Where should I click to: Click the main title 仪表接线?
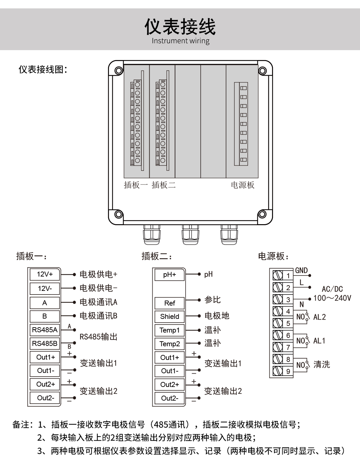coord(180,26)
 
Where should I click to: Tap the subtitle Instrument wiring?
coord(180,41)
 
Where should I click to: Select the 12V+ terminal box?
coord(45,275)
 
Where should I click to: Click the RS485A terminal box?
coord(45,330)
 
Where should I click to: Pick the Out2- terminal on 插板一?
coord(45,398)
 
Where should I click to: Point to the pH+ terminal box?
coord(169,275)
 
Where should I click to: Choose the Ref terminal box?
coord(169,303)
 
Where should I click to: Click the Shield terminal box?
coord(169,317)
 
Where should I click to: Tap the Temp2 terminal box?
coord(169,344)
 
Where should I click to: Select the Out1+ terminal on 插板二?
coord(169,358)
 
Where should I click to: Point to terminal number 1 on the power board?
coord(288,276)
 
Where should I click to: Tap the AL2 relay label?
coord(319,317)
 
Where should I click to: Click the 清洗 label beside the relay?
coord(321,365)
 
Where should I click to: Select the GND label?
coord(301,271)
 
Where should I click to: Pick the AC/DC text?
coord(332,289)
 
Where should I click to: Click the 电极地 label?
coord(217,316)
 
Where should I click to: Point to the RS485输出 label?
coord(98,337)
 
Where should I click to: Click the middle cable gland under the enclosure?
coord(190,235)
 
